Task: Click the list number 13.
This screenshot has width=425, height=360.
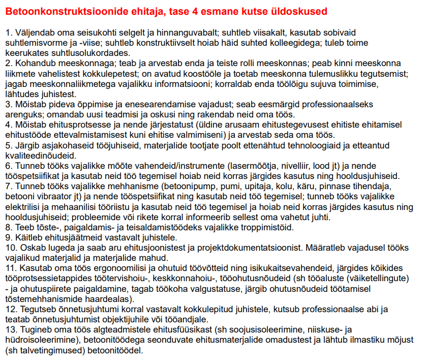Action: point(11,330)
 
